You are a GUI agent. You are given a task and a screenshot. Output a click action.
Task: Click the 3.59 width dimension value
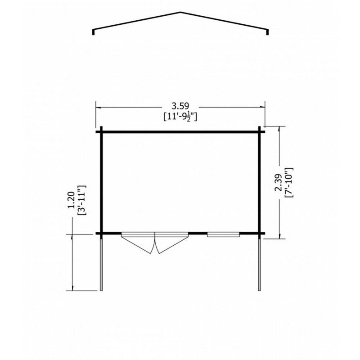coord(180,106)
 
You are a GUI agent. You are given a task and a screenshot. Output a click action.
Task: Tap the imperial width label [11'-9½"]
coord(180,117)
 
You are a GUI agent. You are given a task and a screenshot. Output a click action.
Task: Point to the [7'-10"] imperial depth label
coord(288,183)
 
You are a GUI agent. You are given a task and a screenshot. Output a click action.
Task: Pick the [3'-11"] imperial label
coord(82,200)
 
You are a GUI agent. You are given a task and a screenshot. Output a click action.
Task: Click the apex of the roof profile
coord(180,12)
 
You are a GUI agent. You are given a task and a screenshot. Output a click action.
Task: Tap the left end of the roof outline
coord(93,35)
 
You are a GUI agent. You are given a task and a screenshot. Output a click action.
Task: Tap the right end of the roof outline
coord(267,35)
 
